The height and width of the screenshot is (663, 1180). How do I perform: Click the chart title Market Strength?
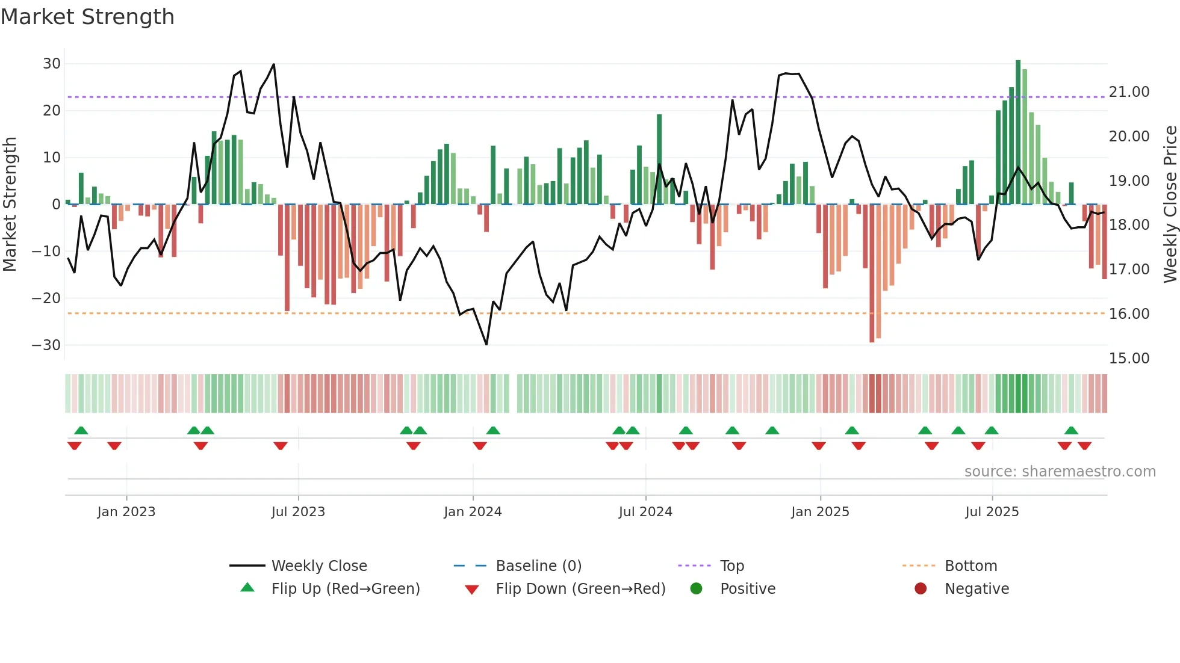coord(87,17)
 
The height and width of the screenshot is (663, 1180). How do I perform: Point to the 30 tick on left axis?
coord(52,64)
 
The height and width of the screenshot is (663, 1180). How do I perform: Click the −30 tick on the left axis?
coord(46,345)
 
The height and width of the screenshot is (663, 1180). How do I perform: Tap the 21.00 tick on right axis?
coord(1129,92)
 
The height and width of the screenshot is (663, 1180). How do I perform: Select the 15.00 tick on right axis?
coord(1129,359)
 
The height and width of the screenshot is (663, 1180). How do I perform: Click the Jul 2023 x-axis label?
coord(298,512)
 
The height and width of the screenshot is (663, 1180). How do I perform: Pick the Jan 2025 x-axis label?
coord(820,512)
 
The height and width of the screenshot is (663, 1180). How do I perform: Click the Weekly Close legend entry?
coord(318,566)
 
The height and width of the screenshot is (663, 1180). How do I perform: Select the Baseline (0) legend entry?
coord(538,566)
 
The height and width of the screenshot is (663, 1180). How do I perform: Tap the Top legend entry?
coord(731,566)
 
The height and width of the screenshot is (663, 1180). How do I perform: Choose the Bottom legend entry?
coord(970,566)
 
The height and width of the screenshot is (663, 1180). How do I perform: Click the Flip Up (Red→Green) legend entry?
coord(345,589)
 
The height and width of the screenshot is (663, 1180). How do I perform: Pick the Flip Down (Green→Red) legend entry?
coord(580,589)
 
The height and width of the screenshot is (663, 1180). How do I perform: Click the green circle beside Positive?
coord(697,589)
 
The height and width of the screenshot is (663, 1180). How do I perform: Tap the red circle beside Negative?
coord(921,589)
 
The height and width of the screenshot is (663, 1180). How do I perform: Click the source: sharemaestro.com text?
coord(1060,472)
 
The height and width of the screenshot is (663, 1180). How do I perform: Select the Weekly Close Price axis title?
coord(1170,205)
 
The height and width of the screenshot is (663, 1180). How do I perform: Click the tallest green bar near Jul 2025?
coord(1018,132)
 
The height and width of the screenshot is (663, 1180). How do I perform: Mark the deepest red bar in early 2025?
coord(872,274)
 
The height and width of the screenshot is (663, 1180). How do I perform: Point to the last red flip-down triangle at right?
coord(1085,446)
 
